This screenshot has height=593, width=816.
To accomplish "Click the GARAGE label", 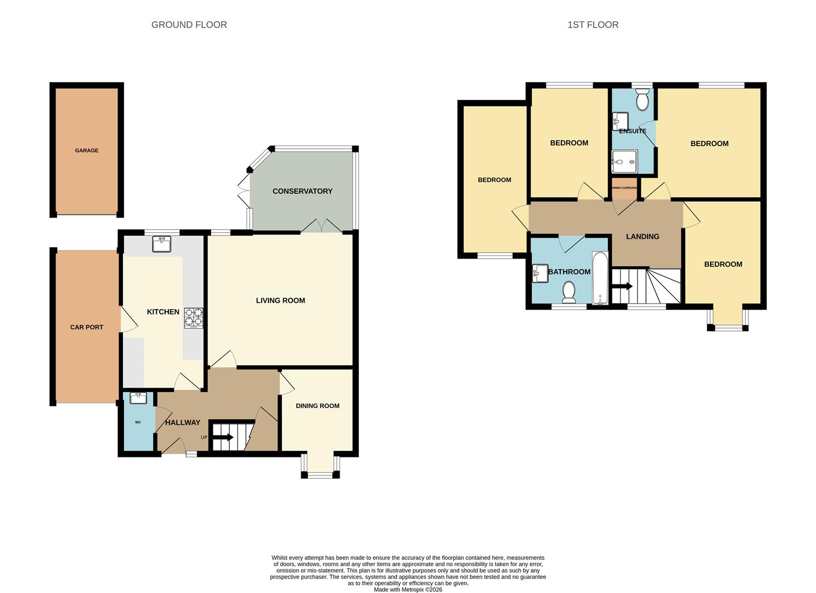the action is pos(86,150).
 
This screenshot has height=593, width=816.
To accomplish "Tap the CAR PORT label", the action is pos(86,327).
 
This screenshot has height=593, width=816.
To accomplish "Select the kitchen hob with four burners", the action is pos(193,318).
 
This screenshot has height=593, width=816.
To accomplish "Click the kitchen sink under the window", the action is pos(162,244).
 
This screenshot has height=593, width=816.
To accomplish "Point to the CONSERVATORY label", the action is pos(302,191).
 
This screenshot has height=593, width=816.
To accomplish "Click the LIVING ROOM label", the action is pos(280,301).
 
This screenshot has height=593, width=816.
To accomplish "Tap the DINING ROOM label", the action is pos(317,406).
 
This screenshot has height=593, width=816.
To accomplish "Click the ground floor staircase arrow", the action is pos(224,437).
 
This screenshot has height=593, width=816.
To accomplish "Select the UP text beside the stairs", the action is pos(204,438).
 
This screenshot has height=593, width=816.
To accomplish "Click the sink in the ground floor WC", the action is pos(138,398).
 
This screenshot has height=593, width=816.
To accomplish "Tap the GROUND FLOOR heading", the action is pos(189,25).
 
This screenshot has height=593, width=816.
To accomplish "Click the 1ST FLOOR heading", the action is pos(593,25).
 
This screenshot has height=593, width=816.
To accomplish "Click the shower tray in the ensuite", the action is pos(624,161).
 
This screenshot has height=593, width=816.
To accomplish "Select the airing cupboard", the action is pos(624,188).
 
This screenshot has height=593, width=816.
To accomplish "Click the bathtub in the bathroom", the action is pos(600,278).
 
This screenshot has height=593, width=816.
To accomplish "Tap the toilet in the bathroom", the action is pos(569,292).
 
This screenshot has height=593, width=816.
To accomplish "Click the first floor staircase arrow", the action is pos(622,287).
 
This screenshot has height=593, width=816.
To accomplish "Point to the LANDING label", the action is pos(643,237).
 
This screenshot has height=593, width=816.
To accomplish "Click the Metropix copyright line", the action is pos(408,590).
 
